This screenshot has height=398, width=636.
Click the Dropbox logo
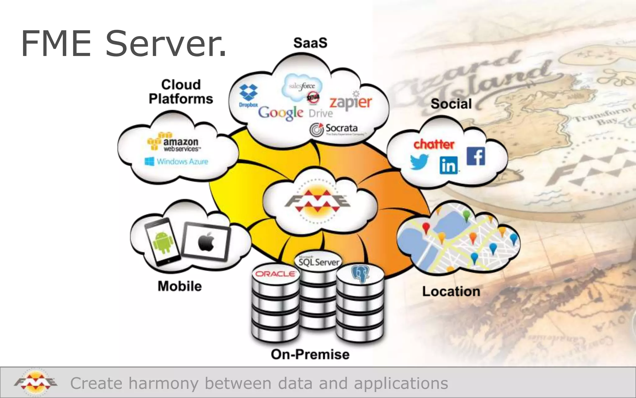[x=248, y=95]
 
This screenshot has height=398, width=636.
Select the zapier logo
[x=351, y=102]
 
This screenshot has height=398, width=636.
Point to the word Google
[x=280, y=113]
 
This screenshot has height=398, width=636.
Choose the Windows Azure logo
[x=176, y=161]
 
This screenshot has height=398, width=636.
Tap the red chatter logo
[x=434, y=144]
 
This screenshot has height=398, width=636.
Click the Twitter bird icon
[x=419, y=162]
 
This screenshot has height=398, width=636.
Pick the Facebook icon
[x=476, y=156]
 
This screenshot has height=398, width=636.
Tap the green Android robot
[x=163, y=242]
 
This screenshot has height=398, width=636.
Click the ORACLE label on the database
[x=275, y=274]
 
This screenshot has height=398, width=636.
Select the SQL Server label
[x=319, y=261]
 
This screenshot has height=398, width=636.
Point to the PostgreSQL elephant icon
[x=360, y=273]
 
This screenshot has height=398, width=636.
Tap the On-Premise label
[x=310, y=354]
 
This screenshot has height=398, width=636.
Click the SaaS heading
[x=310, y=43]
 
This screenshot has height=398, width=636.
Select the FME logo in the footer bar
[x=35, y=382]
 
